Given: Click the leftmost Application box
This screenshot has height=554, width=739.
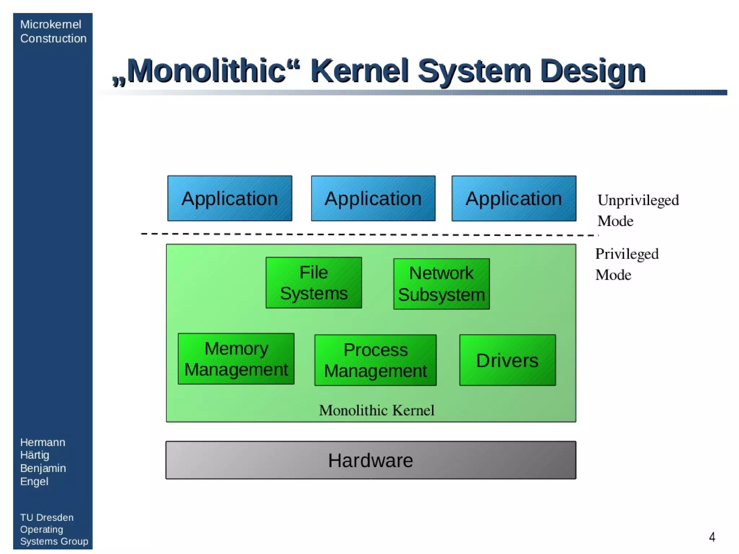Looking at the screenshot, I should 229,198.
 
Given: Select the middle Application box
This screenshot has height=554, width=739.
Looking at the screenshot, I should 373,198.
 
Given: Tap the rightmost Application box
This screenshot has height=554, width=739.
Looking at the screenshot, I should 513,198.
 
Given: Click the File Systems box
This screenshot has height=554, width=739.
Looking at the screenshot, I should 314,283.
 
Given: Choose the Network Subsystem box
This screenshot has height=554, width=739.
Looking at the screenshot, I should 441,284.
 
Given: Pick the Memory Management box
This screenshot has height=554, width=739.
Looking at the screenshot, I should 236,358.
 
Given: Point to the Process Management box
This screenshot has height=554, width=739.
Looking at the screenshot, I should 375,360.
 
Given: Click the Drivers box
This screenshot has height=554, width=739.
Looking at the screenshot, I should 507,360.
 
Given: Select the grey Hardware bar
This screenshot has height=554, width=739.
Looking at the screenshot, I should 371,460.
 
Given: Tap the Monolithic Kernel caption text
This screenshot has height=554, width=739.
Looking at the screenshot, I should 376,410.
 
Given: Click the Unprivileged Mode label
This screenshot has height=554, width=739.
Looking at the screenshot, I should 638,210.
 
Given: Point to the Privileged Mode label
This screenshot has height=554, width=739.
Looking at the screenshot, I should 626,264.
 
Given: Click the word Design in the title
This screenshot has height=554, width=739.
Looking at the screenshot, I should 592,71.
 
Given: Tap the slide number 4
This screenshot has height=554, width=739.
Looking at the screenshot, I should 712,537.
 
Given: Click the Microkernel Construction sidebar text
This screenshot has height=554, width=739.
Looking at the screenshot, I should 53,31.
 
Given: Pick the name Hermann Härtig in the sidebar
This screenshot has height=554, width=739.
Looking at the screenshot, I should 43,448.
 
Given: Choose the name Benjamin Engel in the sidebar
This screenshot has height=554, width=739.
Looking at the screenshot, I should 43,474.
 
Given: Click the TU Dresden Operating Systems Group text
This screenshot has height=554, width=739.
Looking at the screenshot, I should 54,529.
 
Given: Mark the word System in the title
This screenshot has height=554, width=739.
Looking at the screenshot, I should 474,71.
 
